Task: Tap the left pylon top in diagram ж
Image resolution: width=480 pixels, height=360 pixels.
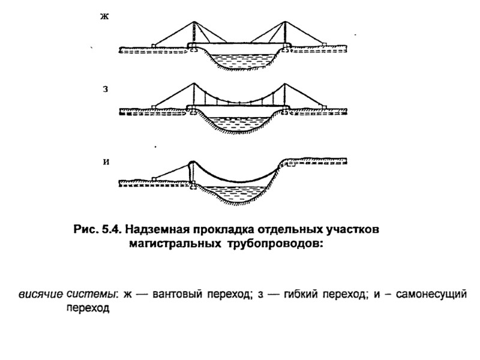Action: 193,23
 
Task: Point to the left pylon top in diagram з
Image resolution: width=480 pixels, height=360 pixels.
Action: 193,84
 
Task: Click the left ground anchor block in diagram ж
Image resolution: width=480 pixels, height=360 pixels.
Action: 154,44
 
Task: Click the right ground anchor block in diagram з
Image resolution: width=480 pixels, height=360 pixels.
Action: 324,107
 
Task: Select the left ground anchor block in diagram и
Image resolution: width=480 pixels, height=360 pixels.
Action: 154,178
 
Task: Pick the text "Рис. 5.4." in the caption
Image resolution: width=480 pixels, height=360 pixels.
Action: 94,230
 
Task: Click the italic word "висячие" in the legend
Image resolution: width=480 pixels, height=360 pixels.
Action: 41,294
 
